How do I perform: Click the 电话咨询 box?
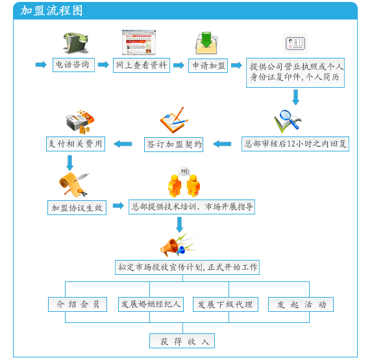click(73, 65)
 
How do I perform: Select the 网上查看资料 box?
click(142, 65)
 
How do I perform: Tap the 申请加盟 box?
click(208, 66)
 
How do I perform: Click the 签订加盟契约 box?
click(173, 144)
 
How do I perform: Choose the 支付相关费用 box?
click(75, 144)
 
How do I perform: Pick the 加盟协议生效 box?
click(77, 208)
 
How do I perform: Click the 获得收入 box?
click(182, 341)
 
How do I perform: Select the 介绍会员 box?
click(77, 304)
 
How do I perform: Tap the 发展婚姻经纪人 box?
click(151, 304)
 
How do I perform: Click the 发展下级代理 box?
click(225, 304)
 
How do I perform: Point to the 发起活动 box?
click(301, 304)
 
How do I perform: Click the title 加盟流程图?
click(51, 10)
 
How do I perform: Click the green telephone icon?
click(75, 43)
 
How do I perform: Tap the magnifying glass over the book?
click(288, 121)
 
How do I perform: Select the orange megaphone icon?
click(177, 245)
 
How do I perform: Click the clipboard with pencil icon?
click(174, 120)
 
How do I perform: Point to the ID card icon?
click(295, 44)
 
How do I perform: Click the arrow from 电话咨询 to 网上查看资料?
click(103, 64)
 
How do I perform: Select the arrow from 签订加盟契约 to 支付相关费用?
click(123, 144)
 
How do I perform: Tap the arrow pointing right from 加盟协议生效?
click(118, 205)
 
